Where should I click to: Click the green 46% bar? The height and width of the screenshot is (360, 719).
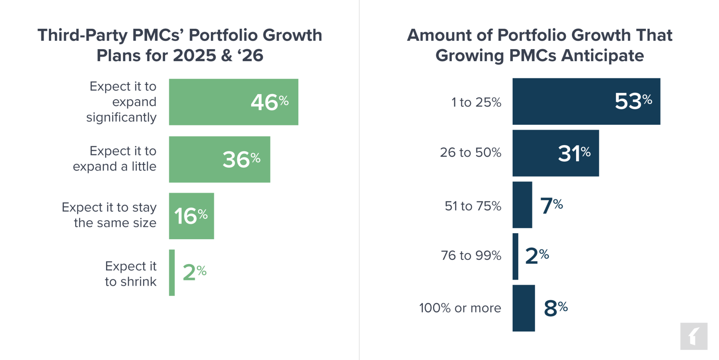211,102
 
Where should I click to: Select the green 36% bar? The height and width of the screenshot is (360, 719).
197,159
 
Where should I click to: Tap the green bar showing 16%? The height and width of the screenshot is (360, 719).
191,216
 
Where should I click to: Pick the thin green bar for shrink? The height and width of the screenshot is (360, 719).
172,273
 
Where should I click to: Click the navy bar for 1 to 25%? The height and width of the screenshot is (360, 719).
562,102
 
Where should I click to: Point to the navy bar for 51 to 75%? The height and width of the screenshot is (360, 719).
522,205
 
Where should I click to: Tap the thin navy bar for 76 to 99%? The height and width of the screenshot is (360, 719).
515,256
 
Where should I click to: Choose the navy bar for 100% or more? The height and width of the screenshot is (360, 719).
523,308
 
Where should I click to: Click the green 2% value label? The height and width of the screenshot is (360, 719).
194,272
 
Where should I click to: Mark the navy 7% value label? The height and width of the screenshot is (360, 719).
551,205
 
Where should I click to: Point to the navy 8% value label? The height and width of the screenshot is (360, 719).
555,308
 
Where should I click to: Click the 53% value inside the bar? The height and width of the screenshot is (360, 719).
633,102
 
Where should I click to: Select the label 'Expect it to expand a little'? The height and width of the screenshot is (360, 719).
114,159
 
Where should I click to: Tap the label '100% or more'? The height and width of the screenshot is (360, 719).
460,308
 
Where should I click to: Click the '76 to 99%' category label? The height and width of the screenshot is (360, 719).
471,256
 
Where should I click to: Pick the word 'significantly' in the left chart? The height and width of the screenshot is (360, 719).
121,117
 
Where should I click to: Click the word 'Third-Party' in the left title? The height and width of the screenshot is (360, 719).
82,35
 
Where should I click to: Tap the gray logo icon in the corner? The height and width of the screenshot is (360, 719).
693,336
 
